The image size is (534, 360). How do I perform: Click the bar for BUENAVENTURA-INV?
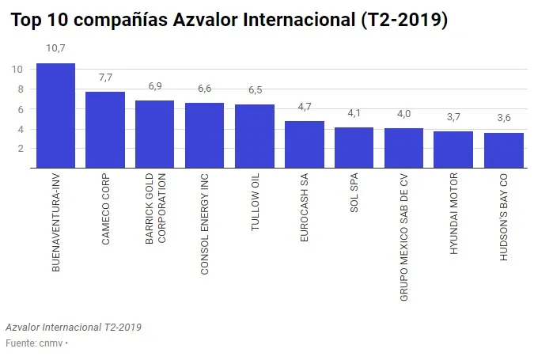pyautogui.click(x=55, y=116)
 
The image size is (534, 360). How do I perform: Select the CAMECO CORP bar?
pyautogui.click(x=105, y=130)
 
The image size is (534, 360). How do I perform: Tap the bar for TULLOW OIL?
pyautogui.click(x=255, y=136)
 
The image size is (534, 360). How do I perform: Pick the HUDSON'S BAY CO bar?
pyautogui.click(x=503, y=150)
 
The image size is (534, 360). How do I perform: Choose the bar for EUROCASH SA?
pyautogui.click(x=305, y=144)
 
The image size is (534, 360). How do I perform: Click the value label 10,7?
pyautogui.click(x=55, y=49)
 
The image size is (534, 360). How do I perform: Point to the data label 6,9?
pyautogui.click(x=155, y=85)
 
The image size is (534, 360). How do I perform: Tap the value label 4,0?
pyautogui.click(x=403, y=114)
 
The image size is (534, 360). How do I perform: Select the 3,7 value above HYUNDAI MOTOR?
pyautogui.click(x=453, y=117)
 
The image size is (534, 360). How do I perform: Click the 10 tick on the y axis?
pyautogui.click(x=17, y=69)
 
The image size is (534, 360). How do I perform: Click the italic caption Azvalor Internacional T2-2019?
pyautogui.click(x=74, y=327)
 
